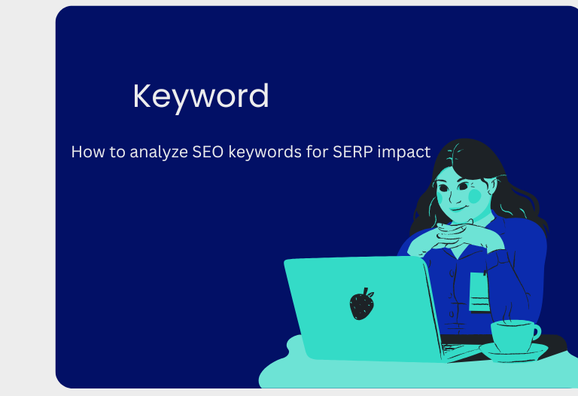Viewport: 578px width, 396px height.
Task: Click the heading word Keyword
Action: (200, 96)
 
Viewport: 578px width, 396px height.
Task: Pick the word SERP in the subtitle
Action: (352, 152)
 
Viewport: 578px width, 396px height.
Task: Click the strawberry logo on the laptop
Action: (361, 303)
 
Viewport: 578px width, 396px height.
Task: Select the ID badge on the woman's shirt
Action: (479, 291)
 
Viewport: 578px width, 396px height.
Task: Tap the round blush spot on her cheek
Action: (475, 196)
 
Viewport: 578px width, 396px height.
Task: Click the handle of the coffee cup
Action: (536, 332)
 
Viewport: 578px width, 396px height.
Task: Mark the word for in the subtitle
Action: (314, 152)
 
